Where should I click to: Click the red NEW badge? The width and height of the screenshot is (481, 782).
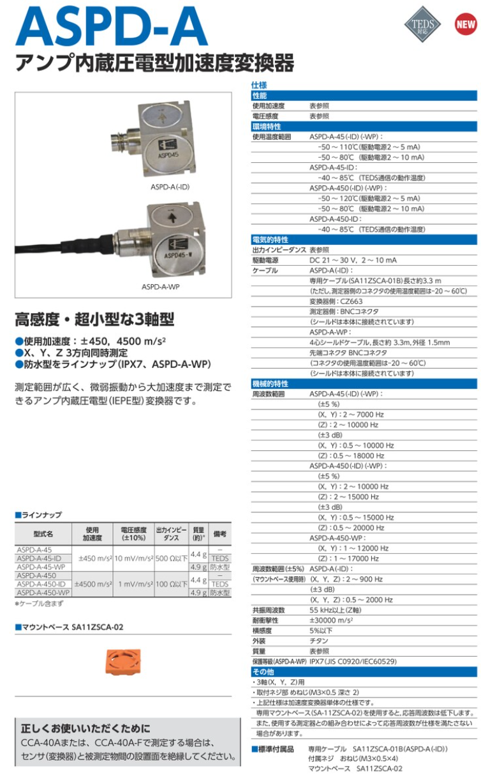pos(465,25)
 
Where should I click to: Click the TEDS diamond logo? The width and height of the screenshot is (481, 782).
pos(422,25)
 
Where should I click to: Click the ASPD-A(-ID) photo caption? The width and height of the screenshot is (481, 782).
pos(170,187)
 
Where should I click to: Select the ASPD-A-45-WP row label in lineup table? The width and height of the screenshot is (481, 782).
pos(41,567)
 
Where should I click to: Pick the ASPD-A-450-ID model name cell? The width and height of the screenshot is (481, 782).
pos(41,584)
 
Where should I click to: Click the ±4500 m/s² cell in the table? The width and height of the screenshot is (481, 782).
pos(94,584)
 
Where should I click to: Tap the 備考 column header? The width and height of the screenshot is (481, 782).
pos(220,533)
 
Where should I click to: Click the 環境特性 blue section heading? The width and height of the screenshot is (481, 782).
pos(266,126)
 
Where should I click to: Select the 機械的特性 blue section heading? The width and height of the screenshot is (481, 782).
pos(270,384)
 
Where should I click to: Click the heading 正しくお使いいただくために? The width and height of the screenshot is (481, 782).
pos(85,728)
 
